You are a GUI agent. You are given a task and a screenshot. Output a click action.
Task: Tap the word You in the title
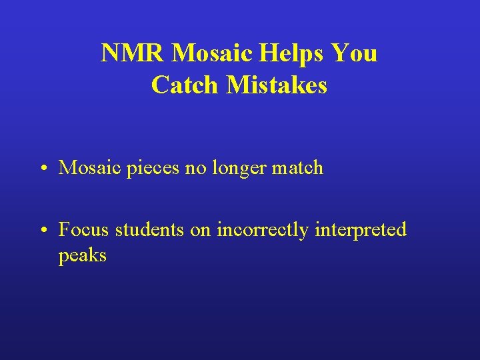tap(354, 53)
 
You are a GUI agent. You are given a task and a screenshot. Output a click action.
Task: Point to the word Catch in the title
tap(185, 85)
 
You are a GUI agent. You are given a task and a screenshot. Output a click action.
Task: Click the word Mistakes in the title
tap(276, 85)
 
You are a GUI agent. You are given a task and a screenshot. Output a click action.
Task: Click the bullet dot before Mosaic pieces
tap(42, 169)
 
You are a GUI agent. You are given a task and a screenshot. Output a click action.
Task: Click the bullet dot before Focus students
tap(42, 231)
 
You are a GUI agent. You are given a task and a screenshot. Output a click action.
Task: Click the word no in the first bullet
tap(195, 168)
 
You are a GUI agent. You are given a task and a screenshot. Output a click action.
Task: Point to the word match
tap(298, 168)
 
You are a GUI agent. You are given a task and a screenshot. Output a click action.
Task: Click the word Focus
tap(85, 230)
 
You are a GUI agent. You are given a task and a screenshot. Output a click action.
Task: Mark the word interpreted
tap(361, 231)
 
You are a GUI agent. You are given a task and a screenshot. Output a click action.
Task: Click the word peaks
tap(83, 256)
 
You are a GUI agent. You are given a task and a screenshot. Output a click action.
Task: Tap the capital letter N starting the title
tap(109, 53)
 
